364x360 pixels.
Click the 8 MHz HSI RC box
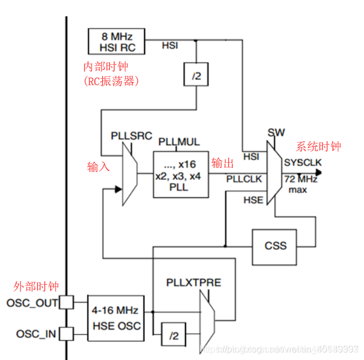pos(116,41)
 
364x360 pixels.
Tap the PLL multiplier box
pos(180,173)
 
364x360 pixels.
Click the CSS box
pos(275,245)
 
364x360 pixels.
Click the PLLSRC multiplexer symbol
pos(129,174)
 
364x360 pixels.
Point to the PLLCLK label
pos(244,179)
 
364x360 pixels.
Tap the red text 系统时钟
pos(318,146)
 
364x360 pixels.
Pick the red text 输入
pos(99,167)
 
